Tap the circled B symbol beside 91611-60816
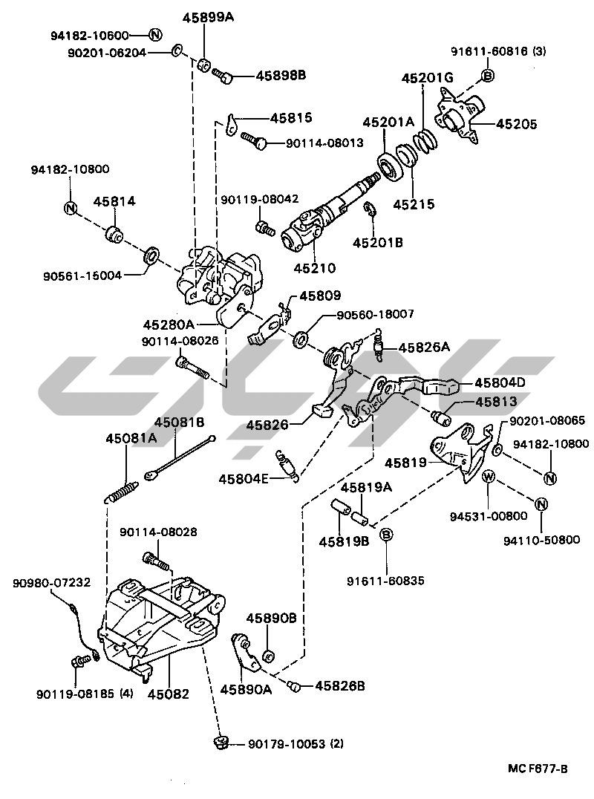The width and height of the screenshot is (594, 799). coord(488,75)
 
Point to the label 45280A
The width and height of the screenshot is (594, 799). coord(169,325)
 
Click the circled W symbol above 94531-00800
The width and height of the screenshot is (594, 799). coord(489,476)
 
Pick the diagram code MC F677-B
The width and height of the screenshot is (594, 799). coord(539,769)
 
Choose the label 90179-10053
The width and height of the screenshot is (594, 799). coord(286,743)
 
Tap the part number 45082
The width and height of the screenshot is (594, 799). coord(168,694)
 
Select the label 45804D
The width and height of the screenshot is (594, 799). coord(500,382)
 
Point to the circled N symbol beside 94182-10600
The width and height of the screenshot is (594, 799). coord(155,35)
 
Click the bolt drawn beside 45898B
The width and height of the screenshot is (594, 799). coord(223,74)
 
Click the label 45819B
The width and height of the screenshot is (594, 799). coord(345,541)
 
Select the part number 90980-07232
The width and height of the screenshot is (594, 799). coord(51,583)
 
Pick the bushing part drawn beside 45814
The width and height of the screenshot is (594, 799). coord(116,233)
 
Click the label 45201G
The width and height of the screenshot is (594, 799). coord(427,77)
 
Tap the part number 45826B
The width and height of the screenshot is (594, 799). coord(340,686)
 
